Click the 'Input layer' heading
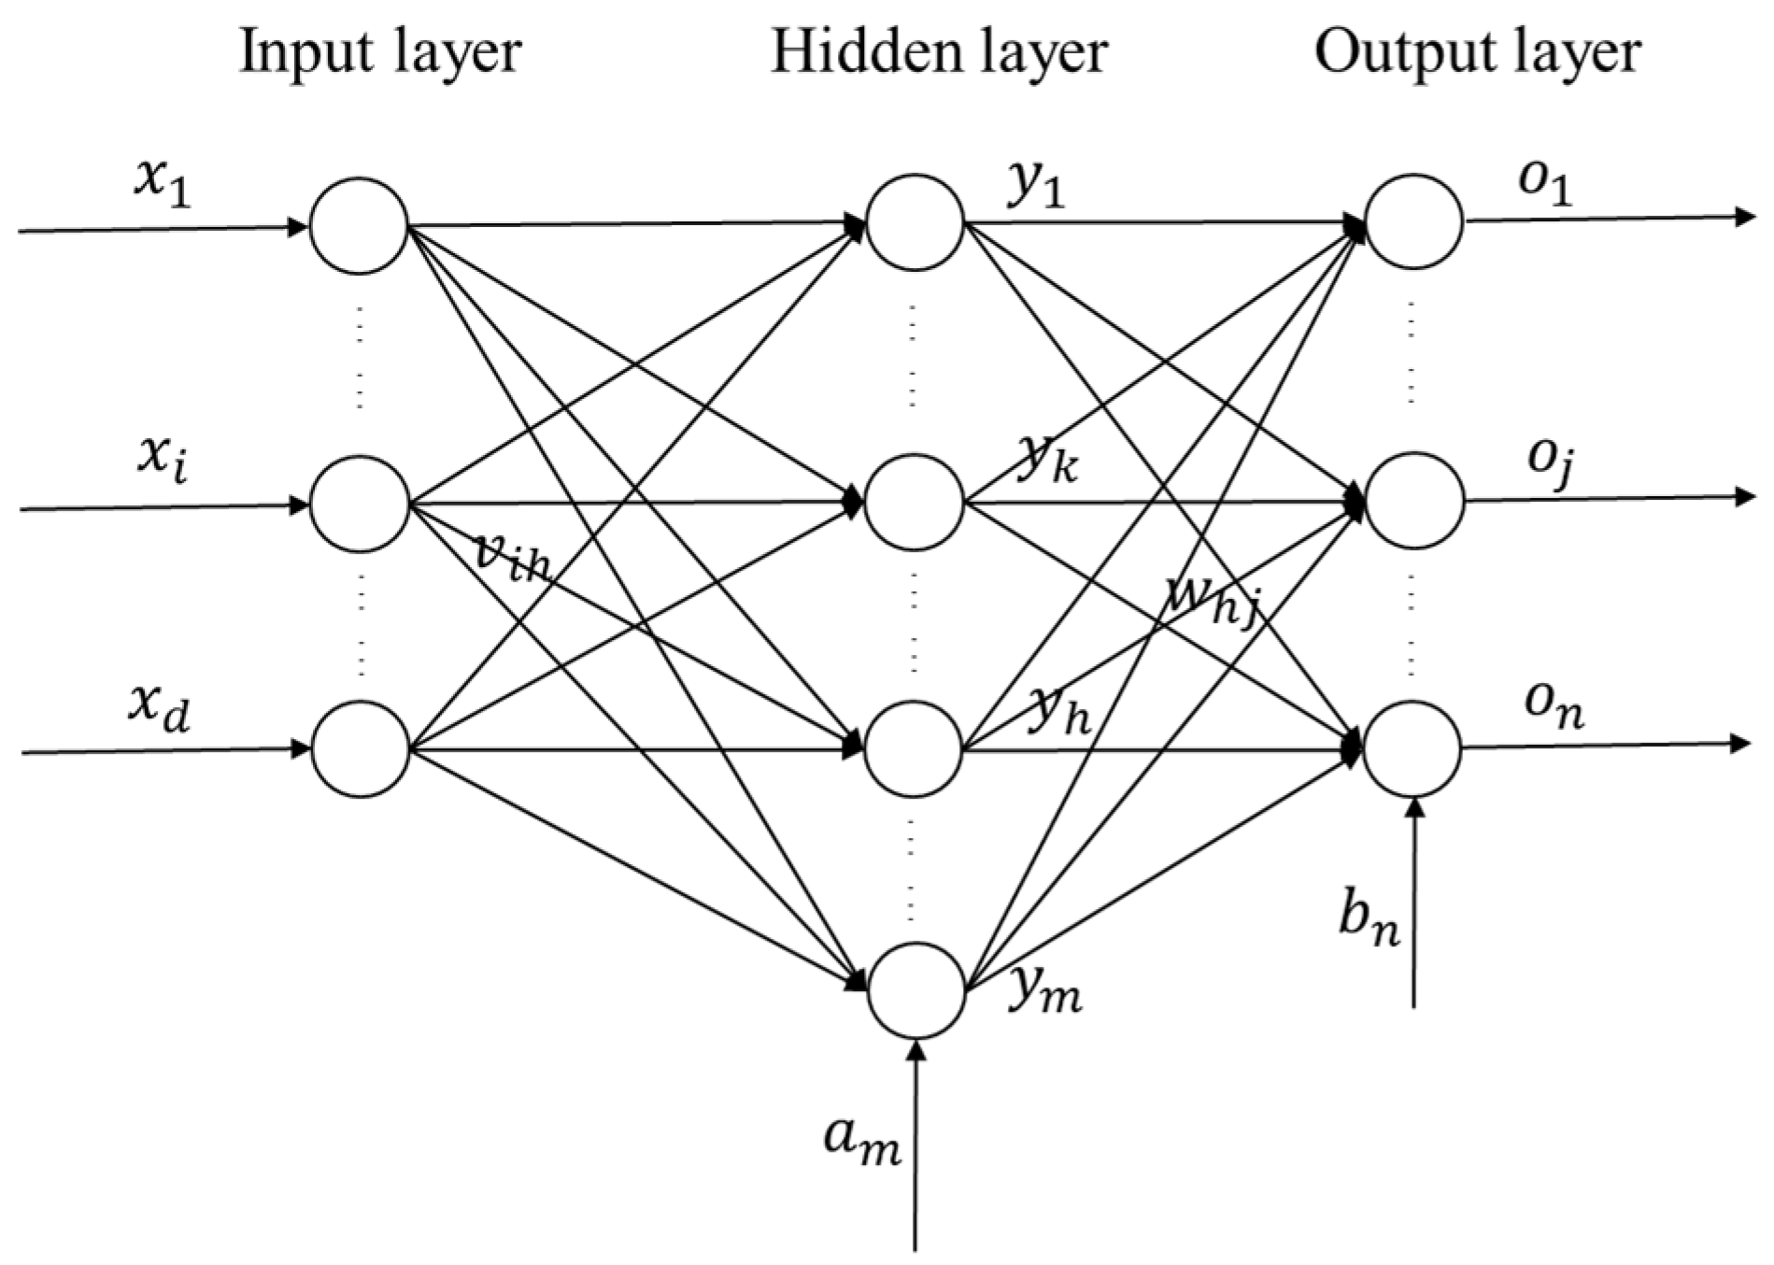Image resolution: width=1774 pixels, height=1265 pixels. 379,51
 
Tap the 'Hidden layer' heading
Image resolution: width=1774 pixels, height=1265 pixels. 938,51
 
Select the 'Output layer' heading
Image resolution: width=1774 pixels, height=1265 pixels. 1477,51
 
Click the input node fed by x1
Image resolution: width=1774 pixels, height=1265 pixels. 359,225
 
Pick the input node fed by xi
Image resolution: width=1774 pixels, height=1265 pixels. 359,504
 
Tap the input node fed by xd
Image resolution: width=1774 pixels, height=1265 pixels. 360,748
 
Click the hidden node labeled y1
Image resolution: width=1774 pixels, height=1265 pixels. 915,222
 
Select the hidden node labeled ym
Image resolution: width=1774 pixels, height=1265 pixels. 915,990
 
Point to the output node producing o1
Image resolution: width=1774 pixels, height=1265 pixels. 1413,221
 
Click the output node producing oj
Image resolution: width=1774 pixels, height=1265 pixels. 1413,500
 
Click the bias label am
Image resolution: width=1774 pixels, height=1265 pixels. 861,1143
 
